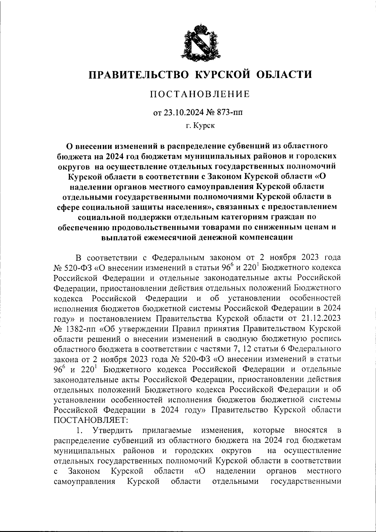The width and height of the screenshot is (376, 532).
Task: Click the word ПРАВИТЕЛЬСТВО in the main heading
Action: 138,75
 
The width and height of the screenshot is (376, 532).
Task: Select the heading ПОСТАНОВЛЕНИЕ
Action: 199,94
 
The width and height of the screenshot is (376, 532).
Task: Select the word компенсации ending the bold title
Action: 266,237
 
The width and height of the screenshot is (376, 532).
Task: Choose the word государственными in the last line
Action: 305,481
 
